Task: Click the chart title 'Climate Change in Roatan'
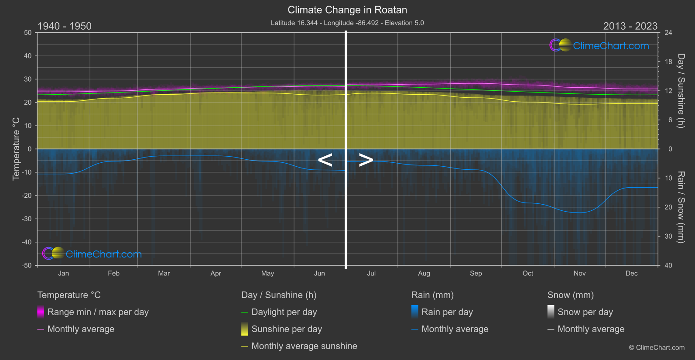[x=347, y=10]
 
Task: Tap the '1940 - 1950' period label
[x=65, y=26]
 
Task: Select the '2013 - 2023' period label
[x=630, y=26]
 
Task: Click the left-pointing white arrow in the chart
[x=325, y=160]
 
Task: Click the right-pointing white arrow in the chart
[x=366, y=160]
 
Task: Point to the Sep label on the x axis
[x=476, y=274]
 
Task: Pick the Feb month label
[x=113, y=274]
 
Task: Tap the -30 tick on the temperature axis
[x=27, y=219]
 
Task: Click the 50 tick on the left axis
[x=28, y=33]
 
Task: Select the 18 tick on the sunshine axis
[x=668, y=62]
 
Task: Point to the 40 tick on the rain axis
[x=668, y=265]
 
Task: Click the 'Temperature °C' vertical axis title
[x=16, y=149]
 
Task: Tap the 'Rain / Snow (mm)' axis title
[x=681, y=207]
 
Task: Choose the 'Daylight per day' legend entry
[x=284, y=312]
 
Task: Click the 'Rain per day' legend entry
[x=447, y=312]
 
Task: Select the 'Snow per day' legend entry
[x=585, y=312]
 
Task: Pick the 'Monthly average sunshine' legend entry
[x=304, y=346]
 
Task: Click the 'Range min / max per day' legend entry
[x=98, y=312]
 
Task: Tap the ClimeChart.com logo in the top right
[x=599, y=45]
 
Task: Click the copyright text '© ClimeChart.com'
[x=657, y=348]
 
